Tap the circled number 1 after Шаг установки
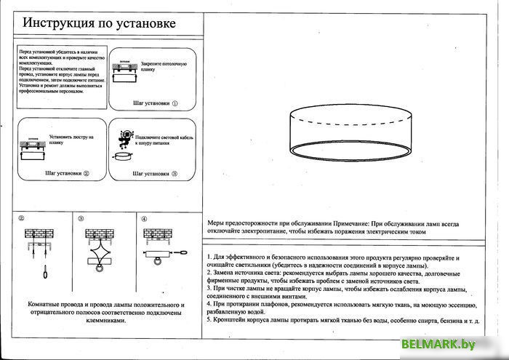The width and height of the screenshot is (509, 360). (175, 104)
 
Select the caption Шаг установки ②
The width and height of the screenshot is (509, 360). (66, 174)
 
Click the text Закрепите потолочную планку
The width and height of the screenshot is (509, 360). (158, 69)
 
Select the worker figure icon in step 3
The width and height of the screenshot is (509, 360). (126, 137)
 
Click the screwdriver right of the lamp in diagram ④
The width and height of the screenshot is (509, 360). (180, 252)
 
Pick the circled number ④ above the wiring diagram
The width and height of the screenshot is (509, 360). (144, 219)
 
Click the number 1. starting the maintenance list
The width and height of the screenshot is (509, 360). (209, 258)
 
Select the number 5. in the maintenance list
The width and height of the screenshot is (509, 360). (209, 319)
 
